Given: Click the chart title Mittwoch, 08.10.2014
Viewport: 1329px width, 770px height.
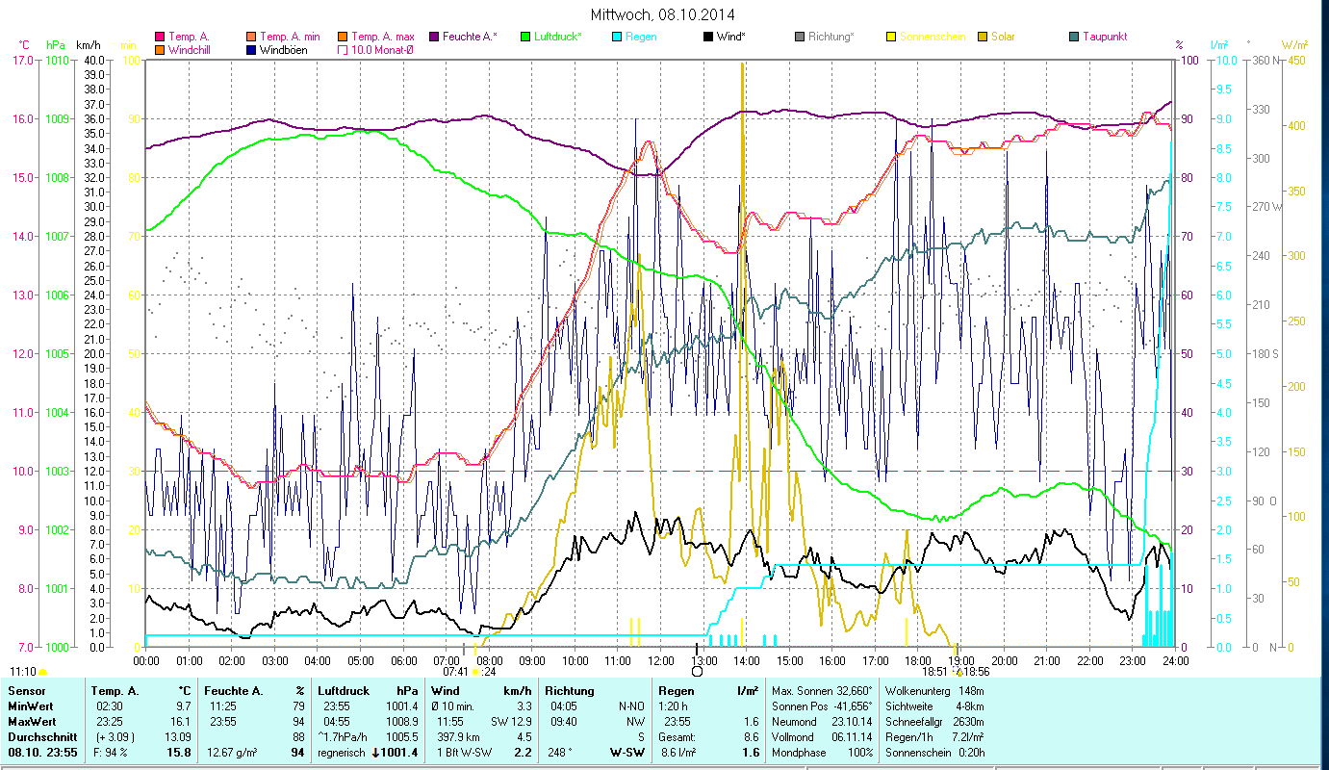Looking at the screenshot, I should click(664, 14).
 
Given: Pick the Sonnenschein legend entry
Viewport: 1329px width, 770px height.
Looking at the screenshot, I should click(932, 37).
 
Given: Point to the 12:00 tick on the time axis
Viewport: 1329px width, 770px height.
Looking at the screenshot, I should click(661, 661).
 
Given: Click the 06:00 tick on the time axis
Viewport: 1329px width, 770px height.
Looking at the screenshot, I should click(404, 661).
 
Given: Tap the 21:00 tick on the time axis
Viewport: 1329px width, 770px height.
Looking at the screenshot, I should click(1047, 661).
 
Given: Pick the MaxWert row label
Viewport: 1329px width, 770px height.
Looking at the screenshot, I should click(30, 720).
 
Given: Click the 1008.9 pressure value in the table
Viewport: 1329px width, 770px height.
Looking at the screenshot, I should click(401, 720).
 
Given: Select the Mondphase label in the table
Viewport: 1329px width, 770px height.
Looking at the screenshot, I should click(796, 752).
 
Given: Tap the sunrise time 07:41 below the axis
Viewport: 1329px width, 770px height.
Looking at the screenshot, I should click(455, 672).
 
